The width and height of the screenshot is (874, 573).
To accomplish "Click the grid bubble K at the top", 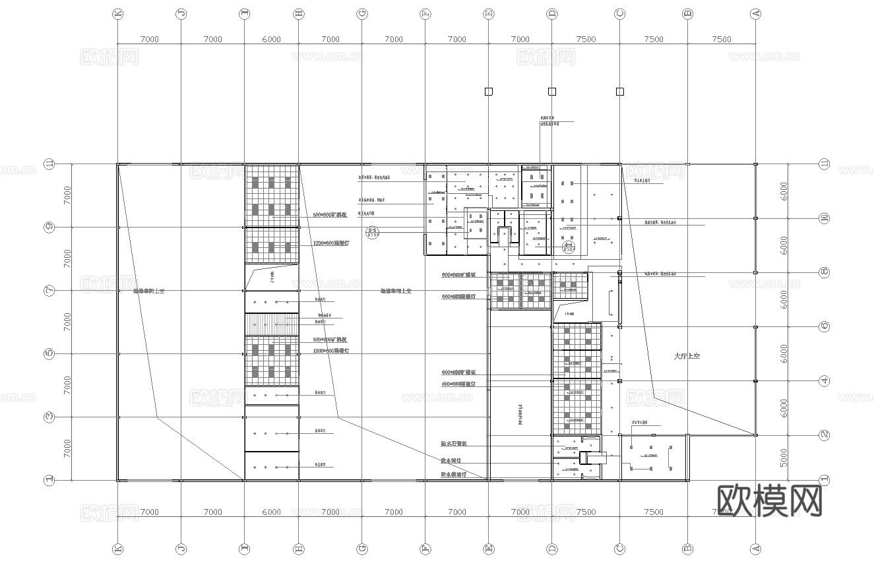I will coord(118,13).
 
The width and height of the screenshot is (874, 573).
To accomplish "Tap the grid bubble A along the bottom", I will coord(756,549).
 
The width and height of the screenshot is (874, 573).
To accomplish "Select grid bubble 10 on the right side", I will coord(823,218).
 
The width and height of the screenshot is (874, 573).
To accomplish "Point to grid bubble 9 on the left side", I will coord(49,227).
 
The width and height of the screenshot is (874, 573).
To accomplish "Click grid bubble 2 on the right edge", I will coord(823,435).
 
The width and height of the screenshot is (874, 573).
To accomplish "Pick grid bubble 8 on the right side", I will coord(823,272).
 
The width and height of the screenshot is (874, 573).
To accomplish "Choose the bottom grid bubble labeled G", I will coord(361,549).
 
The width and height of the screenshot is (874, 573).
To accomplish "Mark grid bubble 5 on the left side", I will coord(49,354).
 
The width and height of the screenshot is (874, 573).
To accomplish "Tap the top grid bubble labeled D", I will coord(552,13).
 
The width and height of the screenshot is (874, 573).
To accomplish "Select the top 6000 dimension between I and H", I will coord(271,39).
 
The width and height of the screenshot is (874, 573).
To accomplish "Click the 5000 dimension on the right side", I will coord(784,458).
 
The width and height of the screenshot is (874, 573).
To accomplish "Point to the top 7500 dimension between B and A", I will coord(722,39).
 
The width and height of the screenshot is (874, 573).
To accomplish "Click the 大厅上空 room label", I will coord(686,356).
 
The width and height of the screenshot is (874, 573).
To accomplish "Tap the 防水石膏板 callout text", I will coord(454,444).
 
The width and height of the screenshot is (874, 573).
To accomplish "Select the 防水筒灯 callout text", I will coord(454,460).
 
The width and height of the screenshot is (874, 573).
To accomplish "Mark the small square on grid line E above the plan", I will coord(489,92).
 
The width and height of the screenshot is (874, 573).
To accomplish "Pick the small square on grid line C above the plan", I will coord(619,92).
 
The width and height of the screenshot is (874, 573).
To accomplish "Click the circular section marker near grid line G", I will coord(371,231).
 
